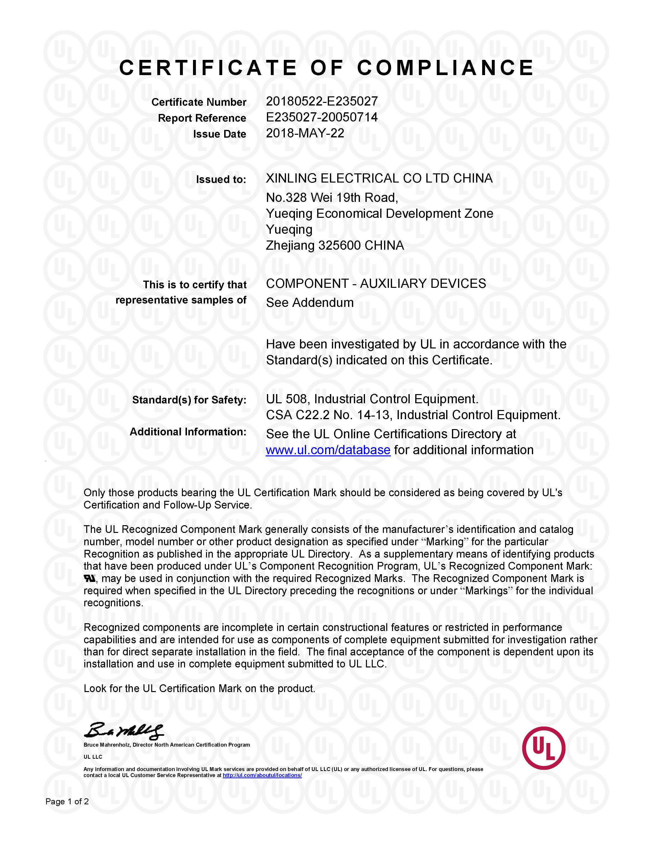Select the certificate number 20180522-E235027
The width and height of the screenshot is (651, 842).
322,101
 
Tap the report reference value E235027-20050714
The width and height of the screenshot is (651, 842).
322,117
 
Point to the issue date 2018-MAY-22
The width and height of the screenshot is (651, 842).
305,133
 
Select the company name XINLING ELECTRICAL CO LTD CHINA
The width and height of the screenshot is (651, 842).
379,178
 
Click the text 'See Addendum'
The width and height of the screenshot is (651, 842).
310,303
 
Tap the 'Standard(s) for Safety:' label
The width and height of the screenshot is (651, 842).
189,400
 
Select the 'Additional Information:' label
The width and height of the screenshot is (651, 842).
188,432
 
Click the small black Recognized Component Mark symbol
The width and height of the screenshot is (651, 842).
89,578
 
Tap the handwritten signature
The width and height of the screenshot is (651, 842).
123,731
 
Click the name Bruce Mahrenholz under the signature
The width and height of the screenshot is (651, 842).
107,745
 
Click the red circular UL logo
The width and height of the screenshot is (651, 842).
544,748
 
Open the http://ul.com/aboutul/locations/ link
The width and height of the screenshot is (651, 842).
262,775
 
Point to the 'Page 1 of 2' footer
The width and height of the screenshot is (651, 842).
67,801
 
